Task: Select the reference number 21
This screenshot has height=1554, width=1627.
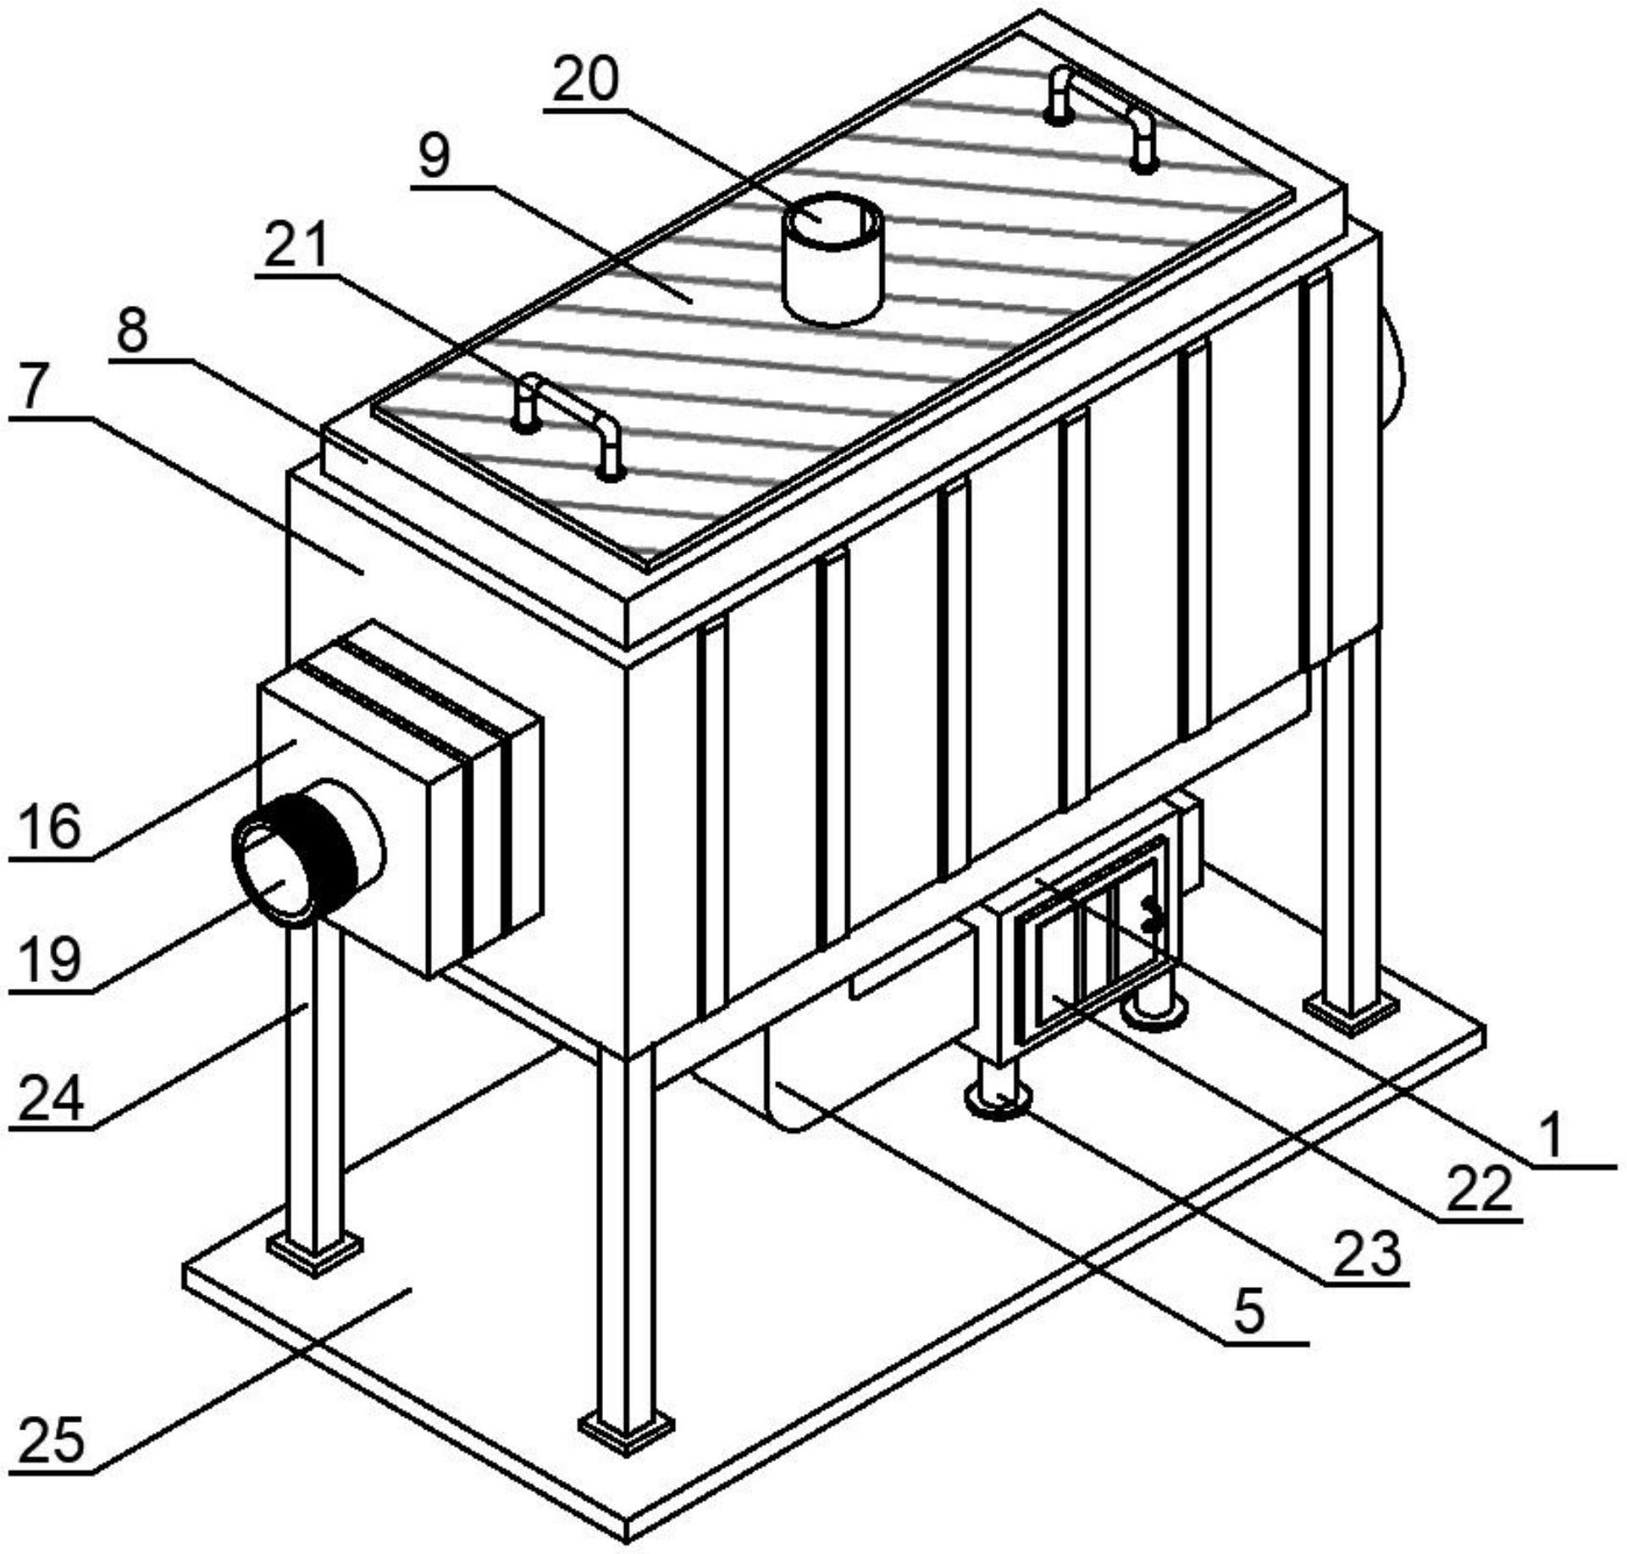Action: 296,247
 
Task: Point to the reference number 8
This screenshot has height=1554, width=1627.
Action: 132,332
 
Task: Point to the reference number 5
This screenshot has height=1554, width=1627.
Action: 1250,1313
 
